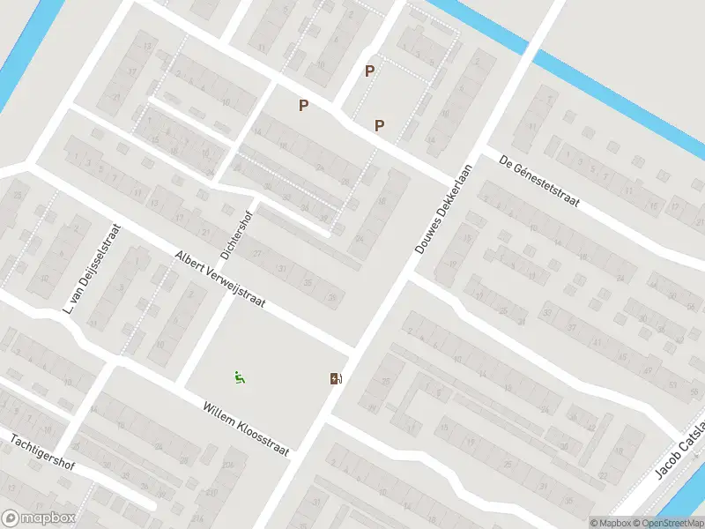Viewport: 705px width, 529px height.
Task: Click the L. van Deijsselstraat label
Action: [x=92, y=270]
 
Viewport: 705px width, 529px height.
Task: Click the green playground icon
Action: [x=239, y=376]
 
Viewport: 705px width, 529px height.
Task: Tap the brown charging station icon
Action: [x=336, y=378]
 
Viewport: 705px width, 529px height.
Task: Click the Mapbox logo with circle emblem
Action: [x=37, y=518]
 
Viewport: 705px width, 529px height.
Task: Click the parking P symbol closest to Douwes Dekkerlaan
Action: [x=379, y=125]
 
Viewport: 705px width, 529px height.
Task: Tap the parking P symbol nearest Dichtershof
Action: [x=303, y=106]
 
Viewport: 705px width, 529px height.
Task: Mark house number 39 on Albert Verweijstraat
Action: [x=332, y=298]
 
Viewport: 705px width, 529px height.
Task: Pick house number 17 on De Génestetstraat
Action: [x=675, y=207]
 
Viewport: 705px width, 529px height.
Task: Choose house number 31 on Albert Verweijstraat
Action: [x=282, y=268]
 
